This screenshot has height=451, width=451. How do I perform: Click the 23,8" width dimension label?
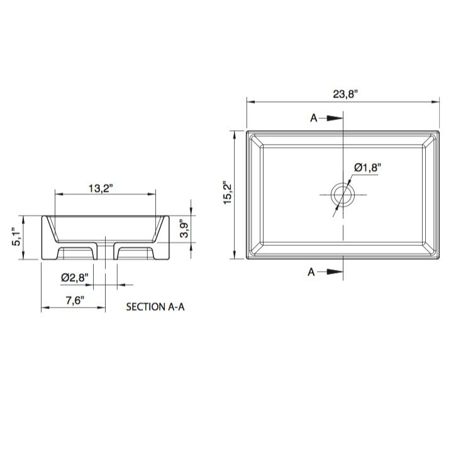tap(345, 94)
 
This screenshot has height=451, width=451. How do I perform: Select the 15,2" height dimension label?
tap(228, 192)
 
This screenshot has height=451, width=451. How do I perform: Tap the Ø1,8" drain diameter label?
tap(367, 167)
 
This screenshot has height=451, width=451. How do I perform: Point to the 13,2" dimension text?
tap(101, 189)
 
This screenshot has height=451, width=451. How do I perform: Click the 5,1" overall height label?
tap(16, 237)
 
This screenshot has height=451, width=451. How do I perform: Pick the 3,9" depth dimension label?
tap(184, 229)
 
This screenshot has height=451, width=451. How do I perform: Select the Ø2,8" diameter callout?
tap(74, 277)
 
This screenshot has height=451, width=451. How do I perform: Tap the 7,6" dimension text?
tap(75, 301)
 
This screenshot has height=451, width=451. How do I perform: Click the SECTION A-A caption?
tap(155, 307)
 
